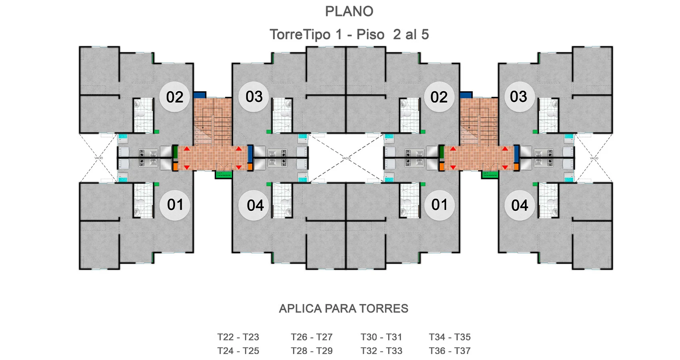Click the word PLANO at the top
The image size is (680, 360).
pyautogui.click(x=349, y=12)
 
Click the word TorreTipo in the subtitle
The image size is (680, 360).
pyautogui.click(x=300, y=35)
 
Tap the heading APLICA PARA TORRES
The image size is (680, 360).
pyautogui.click(x=343, y=309)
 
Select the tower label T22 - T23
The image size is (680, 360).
pyautogui.click(x=238, y=337)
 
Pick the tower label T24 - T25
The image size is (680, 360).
pyautogui.click(x=238, y=351)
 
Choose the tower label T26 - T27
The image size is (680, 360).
pyautogui.click(x=311, y=337)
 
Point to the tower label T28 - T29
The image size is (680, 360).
pyautogui.click(x=311, y=351)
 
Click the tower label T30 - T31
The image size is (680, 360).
pyautogui.click(x=381, y=337)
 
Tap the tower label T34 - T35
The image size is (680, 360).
pyautogui.click(x=450, y=337)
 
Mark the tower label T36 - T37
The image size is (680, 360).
pyautogui.click(x=450, y=351)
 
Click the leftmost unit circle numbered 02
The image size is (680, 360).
pyautogui.click(x=175, y=97)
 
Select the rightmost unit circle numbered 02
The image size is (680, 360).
pyautogui.click(x=439, y=97)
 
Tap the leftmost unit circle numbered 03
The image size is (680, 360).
pyautogui.click(x=254, y=97)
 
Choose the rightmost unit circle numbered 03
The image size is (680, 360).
pyautogui.click(x=518, y=97)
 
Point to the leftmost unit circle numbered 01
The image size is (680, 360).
pyautogui.click(x=175, y=205)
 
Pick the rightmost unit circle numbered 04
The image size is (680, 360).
pyautogui.click(x=519, y=206)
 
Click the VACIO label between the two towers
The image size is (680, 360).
pyautogui.click(x=346, y=158)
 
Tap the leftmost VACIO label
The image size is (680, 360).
pyautogui.click(x=99, y=158)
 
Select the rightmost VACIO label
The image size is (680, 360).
pyautogui.click(x=594, y=158)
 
